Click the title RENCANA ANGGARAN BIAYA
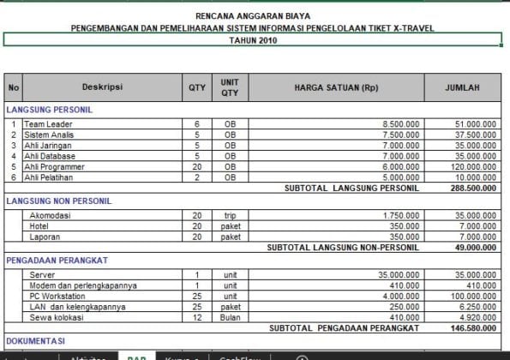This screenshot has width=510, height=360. [253, 15]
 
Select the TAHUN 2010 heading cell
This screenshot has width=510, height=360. [253, 39]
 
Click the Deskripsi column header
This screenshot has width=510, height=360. [102, 87]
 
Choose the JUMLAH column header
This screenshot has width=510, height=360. [462, 87]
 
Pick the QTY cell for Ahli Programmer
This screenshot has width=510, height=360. [196, 167]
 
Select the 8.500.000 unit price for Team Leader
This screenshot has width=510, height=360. [401, 124]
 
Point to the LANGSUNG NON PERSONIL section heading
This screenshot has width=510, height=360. [58, 201]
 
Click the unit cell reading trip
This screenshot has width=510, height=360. [230, 215]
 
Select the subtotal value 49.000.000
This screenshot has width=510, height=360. [477, 247]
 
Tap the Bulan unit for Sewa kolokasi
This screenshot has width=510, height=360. [230, 317]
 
